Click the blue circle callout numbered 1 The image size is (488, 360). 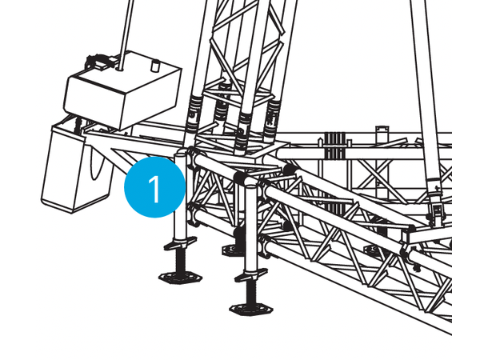[154, 187]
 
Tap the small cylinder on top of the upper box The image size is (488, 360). [155, 66]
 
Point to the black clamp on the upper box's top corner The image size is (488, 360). [98, 62]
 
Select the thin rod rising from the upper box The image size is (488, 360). [126, 34]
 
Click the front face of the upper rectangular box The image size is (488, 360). [94, 103]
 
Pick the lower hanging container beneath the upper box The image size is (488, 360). [76, 168]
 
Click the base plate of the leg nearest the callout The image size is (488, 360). [181, 278]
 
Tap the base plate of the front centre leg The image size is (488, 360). [251, 310]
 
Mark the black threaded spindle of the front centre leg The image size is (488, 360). [250, 293]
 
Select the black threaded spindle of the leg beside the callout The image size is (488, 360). [180, 261]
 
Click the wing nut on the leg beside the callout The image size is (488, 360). [180, 243]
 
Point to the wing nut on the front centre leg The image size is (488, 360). [251, 275]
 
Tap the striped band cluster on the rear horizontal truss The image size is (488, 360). [335, 146]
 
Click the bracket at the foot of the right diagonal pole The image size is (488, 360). [436, 210]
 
